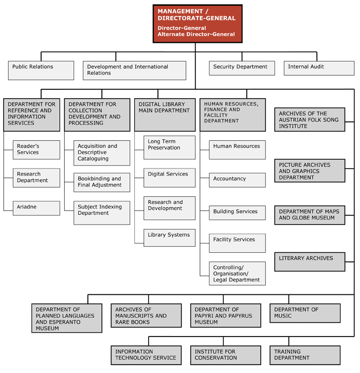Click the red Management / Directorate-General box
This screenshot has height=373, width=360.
click(x=197, y=24)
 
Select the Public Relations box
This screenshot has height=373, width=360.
click(x=41, y=70)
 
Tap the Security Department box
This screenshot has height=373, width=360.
click(x=242, y=68)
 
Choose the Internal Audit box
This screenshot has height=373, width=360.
click(x=319, y=68)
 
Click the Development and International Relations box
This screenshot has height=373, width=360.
click(x=135, y=70)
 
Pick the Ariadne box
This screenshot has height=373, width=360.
click(x=37, y=208)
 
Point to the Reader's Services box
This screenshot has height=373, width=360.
click(x=37, y=150)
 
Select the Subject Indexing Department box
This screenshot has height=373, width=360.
click(x=102, y=213)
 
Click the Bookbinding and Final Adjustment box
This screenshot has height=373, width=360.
click(x=102, y=182)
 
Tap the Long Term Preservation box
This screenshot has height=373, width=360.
click(x=170, y=147)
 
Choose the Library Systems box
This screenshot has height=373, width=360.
click(x=170, y=238)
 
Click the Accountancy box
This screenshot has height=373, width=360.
click(x=238, y=180)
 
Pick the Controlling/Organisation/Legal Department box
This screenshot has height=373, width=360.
click(x=238, y=273)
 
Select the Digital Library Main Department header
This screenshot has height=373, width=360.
click(x=165, y=115)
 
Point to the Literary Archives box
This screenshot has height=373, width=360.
click(x=310, y=262)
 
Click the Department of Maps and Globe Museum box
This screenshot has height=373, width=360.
click(x=310, y=215)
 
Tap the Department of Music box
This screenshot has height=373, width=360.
click(x=305, y=313)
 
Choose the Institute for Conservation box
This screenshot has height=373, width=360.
click(x=226, y=355)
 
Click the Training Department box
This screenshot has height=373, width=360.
click(x=305, y=355)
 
